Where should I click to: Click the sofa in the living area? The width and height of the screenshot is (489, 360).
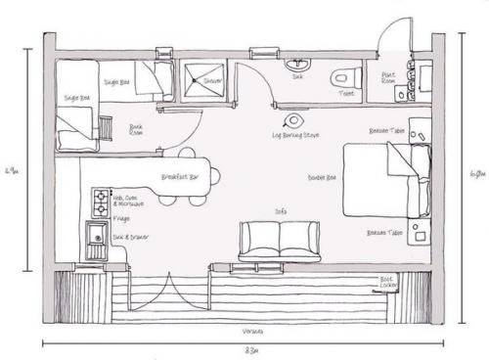(280, 240)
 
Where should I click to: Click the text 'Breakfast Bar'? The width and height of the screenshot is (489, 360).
(181, 177)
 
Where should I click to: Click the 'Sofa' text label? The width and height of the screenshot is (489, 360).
(280, 210)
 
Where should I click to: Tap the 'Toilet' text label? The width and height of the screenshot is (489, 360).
(346, 95)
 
